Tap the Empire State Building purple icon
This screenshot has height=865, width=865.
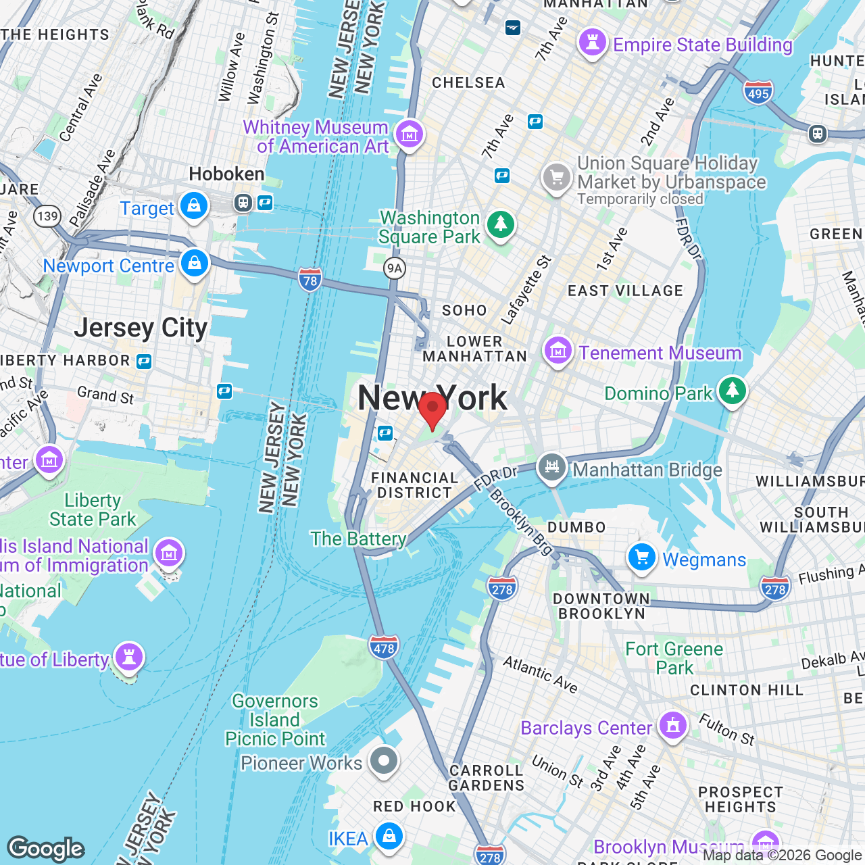pyautogui.click(x=593, y=43)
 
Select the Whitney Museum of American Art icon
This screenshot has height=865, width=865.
pyautogui.click(x=409, y=134)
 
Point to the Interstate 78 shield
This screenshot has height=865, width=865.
pyautogui.click(x=310, y=280)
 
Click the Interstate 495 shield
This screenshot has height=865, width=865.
pyautogui.click(x=758, y=93)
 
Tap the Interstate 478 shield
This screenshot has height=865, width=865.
pyautogui.click(x=383, y=647)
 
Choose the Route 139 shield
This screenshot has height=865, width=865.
pyautogui.click(x=47, y=216)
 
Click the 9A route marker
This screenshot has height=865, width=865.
pyautogui.click(x=394, y=268)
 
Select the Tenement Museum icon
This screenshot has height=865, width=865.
pyautogui.click(x=558, y=351)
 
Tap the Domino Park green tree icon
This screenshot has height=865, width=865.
pyautogui.click(x=732, y=391)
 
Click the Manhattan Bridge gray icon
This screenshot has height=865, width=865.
pyautogui.click(x=552, y=467)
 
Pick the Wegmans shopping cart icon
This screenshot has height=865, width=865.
pyautogui.click(x=641, y=558)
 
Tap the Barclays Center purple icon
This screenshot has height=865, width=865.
pyautogui.click(x=672, y=726)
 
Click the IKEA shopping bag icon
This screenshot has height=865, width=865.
pyautogui.click(x=389, y=837)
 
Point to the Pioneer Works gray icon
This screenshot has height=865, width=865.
pyautogui.click(x=384, y=761)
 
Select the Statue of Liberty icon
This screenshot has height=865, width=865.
pyautogui.click(x=128, y=656)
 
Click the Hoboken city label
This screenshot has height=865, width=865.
pyautogui.click(x=226, y=174)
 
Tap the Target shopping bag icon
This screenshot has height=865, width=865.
pyautogui.click(x=194, y=206)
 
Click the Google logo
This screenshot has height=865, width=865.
pyautogui.click(x=46, y=848)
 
